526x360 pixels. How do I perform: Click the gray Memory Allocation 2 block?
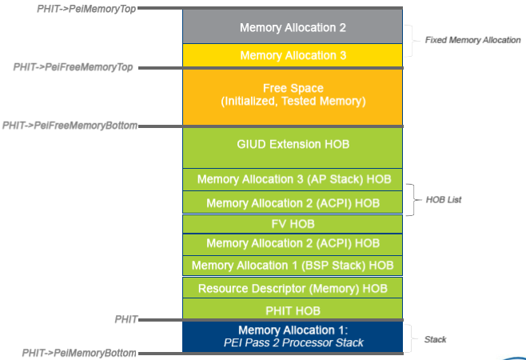point(293,27)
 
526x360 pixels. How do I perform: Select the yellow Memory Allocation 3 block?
point(293,55)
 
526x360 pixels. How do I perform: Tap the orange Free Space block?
point(293,95)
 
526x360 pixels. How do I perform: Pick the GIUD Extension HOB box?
point(293,145)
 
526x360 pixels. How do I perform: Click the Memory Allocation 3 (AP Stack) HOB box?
point(293,180)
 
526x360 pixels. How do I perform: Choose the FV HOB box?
point(293,223)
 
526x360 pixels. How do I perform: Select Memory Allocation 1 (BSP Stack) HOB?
point(293,265)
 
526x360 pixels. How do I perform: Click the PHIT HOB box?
point(293,310)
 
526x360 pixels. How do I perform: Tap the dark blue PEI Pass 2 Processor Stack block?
point(293,336)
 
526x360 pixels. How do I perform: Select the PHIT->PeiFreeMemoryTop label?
point(73,67)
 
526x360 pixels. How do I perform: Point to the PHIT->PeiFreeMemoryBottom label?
point(70,126)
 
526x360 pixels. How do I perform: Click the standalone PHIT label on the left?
point(125,318)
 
